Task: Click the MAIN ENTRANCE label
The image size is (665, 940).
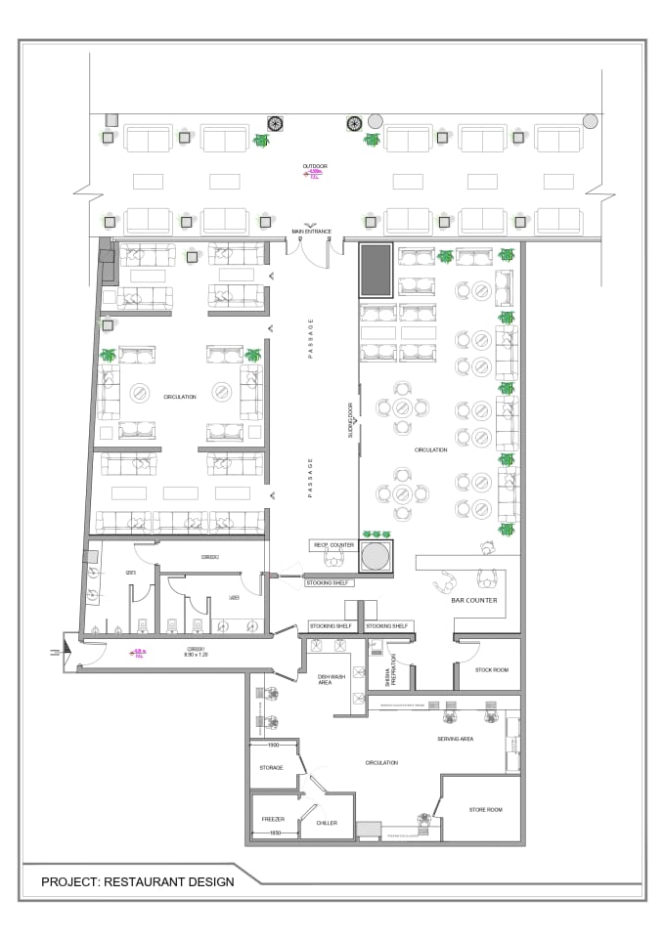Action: coord(311,232)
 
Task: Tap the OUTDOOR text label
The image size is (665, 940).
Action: coord(315,167)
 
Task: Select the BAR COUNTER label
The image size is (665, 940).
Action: coord(474,600)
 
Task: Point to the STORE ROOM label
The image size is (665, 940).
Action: coord(484,809)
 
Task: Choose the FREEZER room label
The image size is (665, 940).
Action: coord(273,819)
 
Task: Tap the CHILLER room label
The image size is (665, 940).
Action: coord(327,823)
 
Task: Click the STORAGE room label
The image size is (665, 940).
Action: coord(271,767)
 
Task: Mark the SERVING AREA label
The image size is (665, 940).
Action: coord(455,739)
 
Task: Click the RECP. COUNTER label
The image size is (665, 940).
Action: coord(332,544)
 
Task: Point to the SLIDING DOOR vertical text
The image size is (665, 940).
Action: coord(349,418)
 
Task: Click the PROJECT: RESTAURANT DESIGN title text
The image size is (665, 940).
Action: coord(137,881)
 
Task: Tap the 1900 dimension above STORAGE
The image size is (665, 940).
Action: coord(274,745)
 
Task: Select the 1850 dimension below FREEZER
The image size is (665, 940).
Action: coord(274,833)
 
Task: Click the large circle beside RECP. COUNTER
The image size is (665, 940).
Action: coord(376,556)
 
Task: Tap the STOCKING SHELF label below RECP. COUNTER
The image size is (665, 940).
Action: coord(329,583)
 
